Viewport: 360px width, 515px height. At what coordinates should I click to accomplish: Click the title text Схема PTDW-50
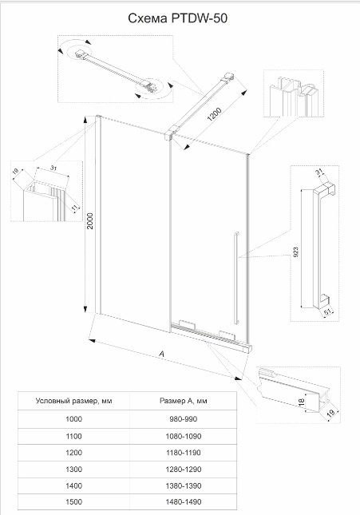(x=177, y=18)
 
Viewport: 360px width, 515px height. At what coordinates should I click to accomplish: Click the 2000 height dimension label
(x=90, y=221)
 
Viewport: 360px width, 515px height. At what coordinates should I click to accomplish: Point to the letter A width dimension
(x=161, y=354)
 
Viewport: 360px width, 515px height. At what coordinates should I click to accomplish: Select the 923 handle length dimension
(x=295, y=252)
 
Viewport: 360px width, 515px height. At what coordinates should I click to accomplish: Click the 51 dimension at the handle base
(x=327, y=312)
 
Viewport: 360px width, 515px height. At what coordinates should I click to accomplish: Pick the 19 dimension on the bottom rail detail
(x=331, y=412)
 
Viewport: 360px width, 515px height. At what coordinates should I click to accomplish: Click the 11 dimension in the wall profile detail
(x=75, y=208)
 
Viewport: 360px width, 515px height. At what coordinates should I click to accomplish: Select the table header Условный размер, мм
(x=73, y=401)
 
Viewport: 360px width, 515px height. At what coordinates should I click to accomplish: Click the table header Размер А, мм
(x=184, y=401)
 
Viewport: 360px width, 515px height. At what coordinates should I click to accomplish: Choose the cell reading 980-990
(x=184, y=419)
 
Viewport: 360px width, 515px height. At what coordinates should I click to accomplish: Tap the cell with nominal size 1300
(x=73, y=469)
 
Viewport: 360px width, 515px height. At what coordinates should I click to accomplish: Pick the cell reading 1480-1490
(x=184, y=502)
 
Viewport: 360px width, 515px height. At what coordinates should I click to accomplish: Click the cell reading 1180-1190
(x=184, y=453)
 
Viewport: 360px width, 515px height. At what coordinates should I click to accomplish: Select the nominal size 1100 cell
(x=73, y=436)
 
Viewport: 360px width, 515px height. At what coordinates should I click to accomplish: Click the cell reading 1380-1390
(x=184, y=485)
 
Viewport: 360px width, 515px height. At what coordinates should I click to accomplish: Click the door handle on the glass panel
(x=236, y=278)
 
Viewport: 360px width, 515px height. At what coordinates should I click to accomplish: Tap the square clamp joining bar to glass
(x=168, y=135)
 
